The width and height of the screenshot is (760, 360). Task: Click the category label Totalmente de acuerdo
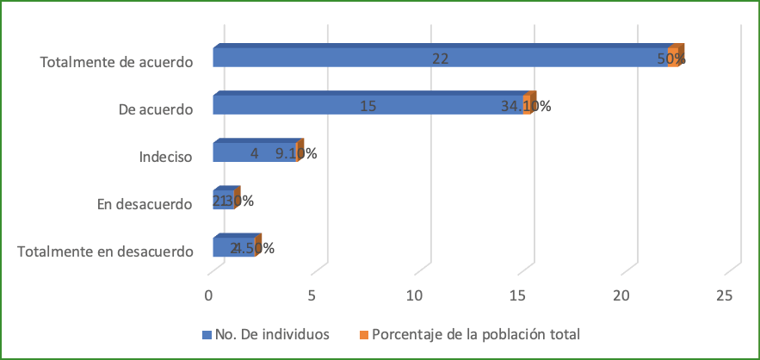click(115, 61)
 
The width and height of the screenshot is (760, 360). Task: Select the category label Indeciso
click(164, 157)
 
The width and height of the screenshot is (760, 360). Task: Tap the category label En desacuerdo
click(144, 204)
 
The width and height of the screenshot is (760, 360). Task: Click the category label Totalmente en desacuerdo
click(104, 251)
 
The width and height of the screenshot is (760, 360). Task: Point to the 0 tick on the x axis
click(208, 295)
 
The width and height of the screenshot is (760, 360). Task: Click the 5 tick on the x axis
click(312, 295)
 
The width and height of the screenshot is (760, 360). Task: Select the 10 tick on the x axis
click(415, 295)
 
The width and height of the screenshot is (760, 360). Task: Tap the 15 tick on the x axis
click(518, 295)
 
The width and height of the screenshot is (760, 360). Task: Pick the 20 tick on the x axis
click(621, 295)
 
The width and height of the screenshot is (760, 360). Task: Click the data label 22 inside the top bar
click(441, 59)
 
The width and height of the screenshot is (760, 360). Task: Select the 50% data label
click(671, 59)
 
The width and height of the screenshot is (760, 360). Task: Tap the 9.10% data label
click(296, 154)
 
